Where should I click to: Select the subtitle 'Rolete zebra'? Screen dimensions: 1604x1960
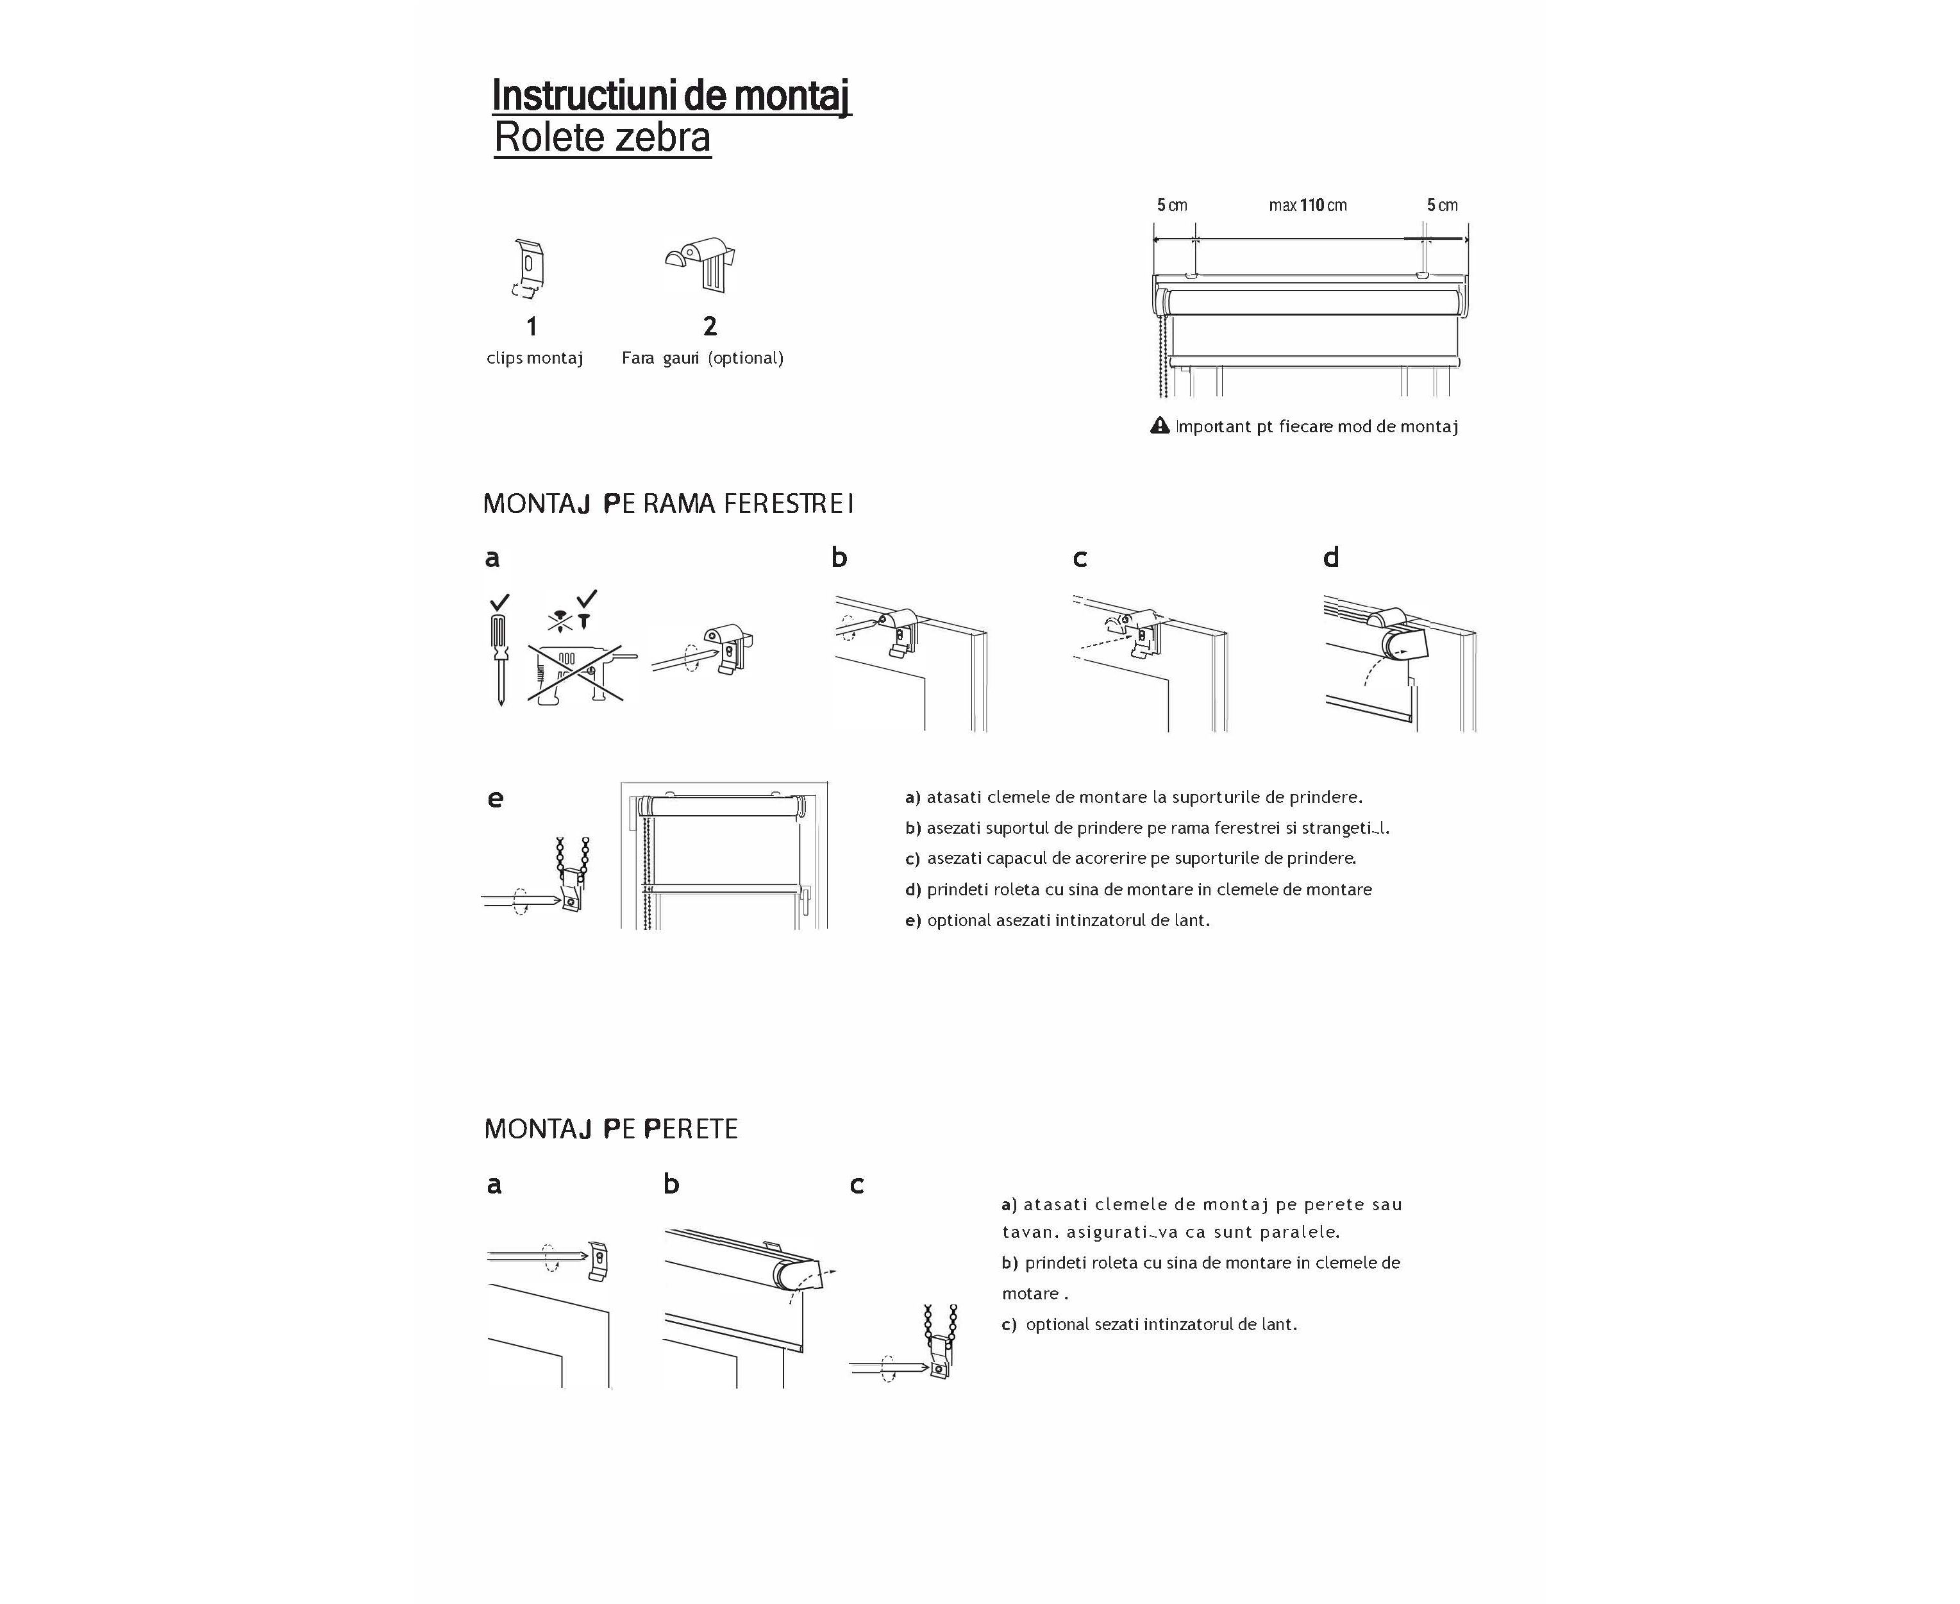click(x=602, y=138)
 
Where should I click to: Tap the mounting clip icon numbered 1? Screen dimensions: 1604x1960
click(x=529, y=269)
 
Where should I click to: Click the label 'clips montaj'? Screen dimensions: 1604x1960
click(x=535, y=359)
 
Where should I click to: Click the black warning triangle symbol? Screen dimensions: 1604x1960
click(x=1160, y=426)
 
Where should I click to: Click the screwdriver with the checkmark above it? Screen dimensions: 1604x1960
click(x=499, y=652)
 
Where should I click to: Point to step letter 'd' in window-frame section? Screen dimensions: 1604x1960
click(x=1331, y=557)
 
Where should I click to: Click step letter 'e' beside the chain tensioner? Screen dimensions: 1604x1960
click(x=495, y=798)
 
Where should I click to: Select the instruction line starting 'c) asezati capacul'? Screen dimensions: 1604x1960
click(x=1130, y=858)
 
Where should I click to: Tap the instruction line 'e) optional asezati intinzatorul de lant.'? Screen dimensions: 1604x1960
click(x=1058, y=920)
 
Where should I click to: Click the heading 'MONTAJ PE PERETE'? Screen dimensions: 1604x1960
click(x=610, y=1129)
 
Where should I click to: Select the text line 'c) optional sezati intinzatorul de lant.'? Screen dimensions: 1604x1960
click(x=1149, y=1324)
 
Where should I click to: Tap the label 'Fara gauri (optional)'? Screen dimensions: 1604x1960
click(x=702, y=359)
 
